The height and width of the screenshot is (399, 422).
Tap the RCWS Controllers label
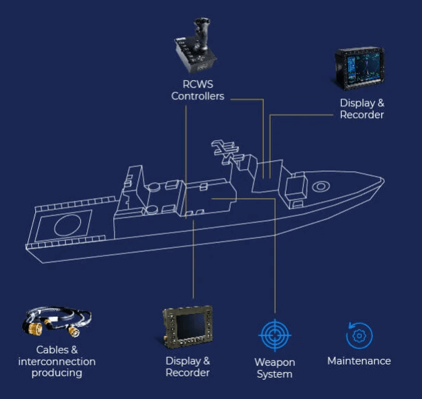click(198, 90)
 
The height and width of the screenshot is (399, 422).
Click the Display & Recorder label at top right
click(361, 109)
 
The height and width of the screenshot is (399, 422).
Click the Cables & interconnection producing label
click(57, 361)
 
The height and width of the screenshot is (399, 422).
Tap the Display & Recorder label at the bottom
click(188, 367)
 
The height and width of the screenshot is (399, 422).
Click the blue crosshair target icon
click(275, 336)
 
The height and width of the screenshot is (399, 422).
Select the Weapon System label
click(274, 368)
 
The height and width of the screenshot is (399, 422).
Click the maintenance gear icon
click(358, 335)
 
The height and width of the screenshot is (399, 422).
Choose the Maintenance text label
click(358, 361)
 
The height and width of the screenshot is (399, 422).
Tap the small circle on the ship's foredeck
click(320, 186)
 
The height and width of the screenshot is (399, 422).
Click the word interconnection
click(57, 361)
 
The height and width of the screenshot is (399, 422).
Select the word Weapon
click(274, 362)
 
